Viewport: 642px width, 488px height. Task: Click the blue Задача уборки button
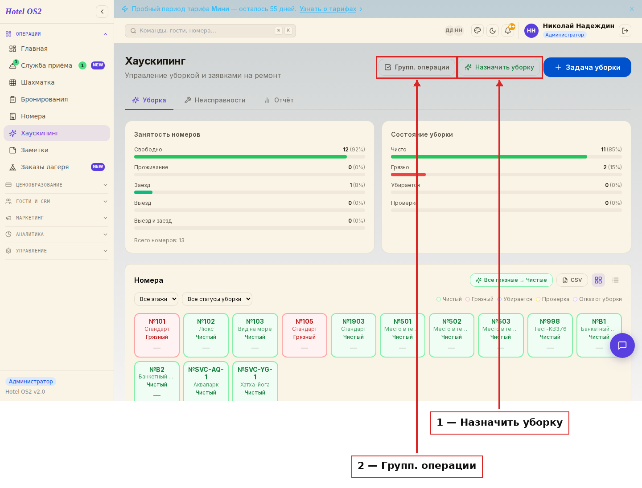587,67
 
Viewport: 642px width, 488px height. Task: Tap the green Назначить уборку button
499,67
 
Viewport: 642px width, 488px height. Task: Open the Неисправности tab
215,100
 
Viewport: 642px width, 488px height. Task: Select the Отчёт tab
279,100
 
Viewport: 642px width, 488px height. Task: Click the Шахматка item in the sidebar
37,82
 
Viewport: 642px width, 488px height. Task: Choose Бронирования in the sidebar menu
44,99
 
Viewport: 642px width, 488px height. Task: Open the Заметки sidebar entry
34,150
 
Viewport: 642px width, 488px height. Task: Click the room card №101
157,335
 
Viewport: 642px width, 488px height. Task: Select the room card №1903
353,335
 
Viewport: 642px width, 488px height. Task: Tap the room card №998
550,335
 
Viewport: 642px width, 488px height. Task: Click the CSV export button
572,280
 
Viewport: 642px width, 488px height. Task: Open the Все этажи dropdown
156,299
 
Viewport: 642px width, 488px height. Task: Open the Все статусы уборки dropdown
217,299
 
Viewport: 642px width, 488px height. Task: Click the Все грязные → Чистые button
511,280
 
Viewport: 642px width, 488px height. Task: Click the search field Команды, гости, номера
210,31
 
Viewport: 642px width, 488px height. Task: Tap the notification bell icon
508,31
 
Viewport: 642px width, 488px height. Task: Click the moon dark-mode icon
493,31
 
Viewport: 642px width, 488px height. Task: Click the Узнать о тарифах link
328,9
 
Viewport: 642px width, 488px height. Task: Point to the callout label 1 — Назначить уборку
500,423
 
